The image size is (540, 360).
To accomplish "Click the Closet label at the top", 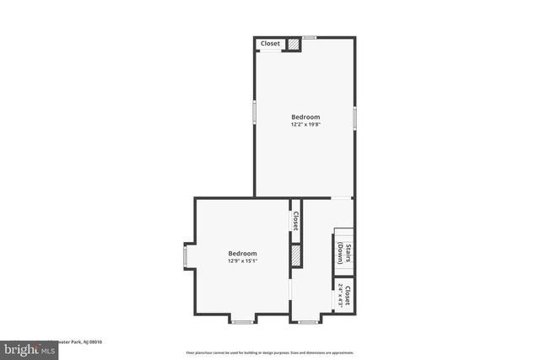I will coord(270,44).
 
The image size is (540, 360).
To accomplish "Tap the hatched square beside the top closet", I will coord(294,45).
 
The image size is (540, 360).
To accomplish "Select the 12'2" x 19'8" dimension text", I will coord(305,125).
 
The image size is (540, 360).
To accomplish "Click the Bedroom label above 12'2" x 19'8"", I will coord(305,116).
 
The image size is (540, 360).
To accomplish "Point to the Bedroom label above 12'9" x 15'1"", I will coord(242,253).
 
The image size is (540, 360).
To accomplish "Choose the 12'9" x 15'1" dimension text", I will coord(242,261).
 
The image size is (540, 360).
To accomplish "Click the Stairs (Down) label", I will coord(343,253).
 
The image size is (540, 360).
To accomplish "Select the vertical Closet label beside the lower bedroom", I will coord(296,221).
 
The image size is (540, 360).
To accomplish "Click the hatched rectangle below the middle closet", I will coord(296,256).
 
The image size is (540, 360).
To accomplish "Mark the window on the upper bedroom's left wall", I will coord(254,114).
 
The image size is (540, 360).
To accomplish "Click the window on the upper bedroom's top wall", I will coord(310,37).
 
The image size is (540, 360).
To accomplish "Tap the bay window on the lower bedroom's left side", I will coord(187,255).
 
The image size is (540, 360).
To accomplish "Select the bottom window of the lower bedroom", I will coord(242,320).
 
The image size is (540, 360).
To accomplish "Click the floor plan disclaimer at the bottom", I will coord(269,352).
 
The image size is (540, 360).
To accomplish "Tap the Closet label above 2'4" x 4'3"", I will coord(348,297).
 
